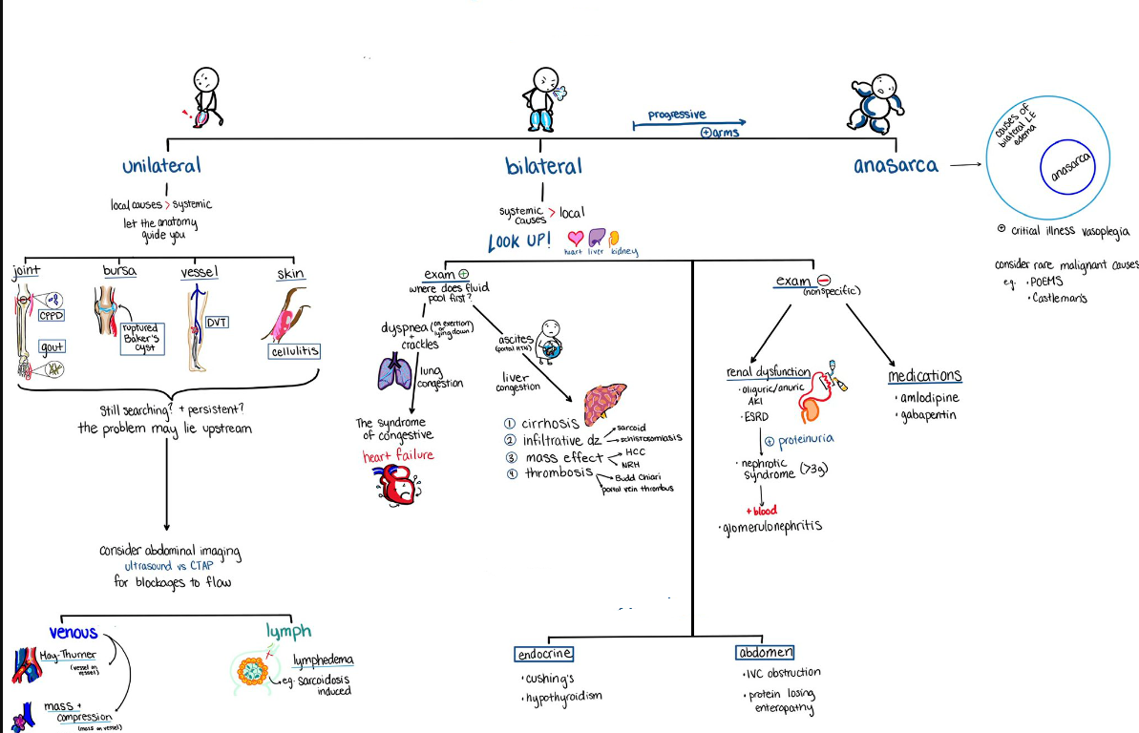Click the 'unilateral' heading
pyautogui.click(x=161, y=165)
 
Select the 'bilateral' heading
pyautogui.click(x=543, y=166)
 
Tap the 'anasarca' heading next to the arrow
pyautogui.click(x=896, y=165)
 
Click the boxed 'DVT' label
pyautogui.click(x=218, y=322)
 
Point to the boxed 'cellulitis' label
pyautogui.click(x=294, y=352)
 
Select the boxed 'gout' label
pyautogui.click(x=52, y=346)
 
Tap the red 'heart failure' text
pyautogui.click(x=397, y=455)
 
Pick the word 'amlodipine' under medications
pyautogui.click(x=928, y=397)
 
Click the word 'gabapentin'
pyautogui.click(x=928, y=415)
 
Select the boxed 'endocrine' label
pyautogui.click(x=543, y=654)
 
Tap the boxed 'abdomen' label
pyautogui.click(x=765, y=653)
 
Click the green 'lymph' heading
pyautogui.click(x=288, y=631)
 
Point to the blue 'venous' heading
pyautogui.click(x=74, y=633)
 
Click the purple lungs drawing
pyautogui.click(x=393, y=371)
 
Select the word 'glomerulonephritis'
pyautogui.click(x=770, y=526)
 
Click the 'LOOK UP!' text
pyautogui.click(x=518, y=240)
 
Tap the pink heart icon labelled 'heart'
pyautogui.click(x=575, y=238)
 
